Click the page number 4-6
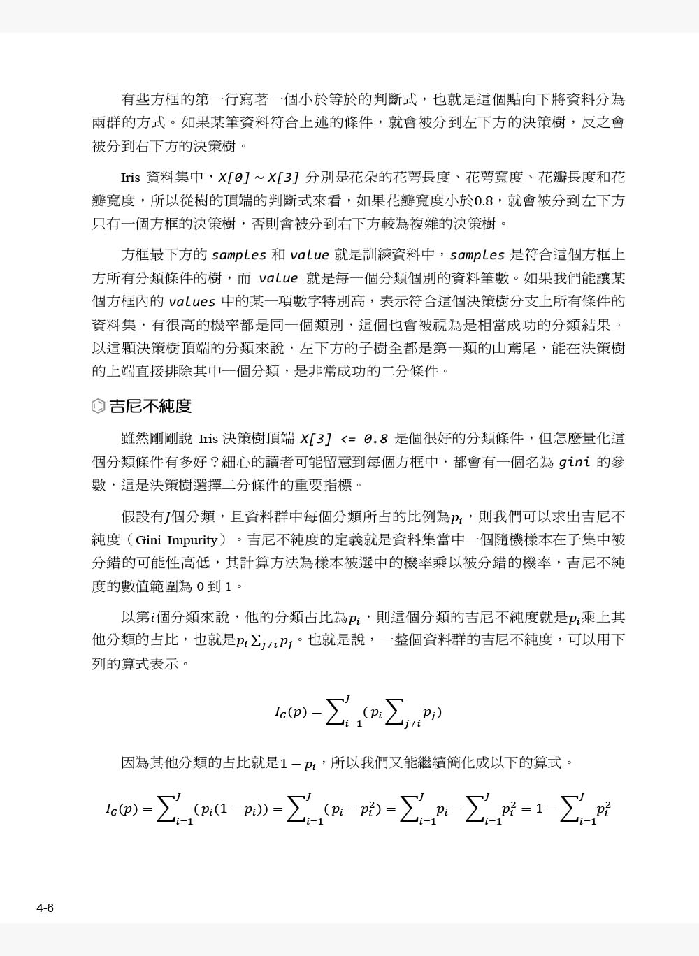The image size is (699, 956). tap(45, 908)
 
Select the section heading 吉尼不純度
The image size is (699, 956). tap(150, 406)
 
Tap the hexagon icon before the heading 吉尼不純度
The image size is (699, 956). tap(99, 406)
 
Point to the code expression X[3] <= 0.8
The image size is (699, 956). tap(343, 439)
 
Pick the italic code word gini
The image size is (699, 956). tap(575, 462)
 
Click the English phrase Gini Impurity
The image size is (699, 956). tap(176, 540)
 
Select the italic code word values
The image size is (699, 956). tap(192, 302)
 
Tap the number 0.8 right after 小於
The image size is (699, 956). tap(483, 201)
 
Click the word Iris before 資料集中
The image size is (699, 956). tap(131, 178)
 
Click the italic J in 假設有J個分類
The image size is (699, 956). tap(167, 517)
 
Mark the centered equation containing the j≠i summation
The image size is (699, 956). tap(358, 712)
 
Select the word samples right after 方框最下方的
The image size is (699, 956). tap(238, 255)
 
